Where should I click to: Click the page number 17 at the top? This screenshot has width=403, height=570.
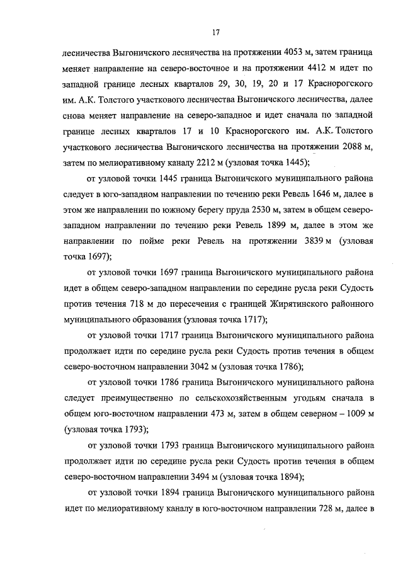click(215, 32)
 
